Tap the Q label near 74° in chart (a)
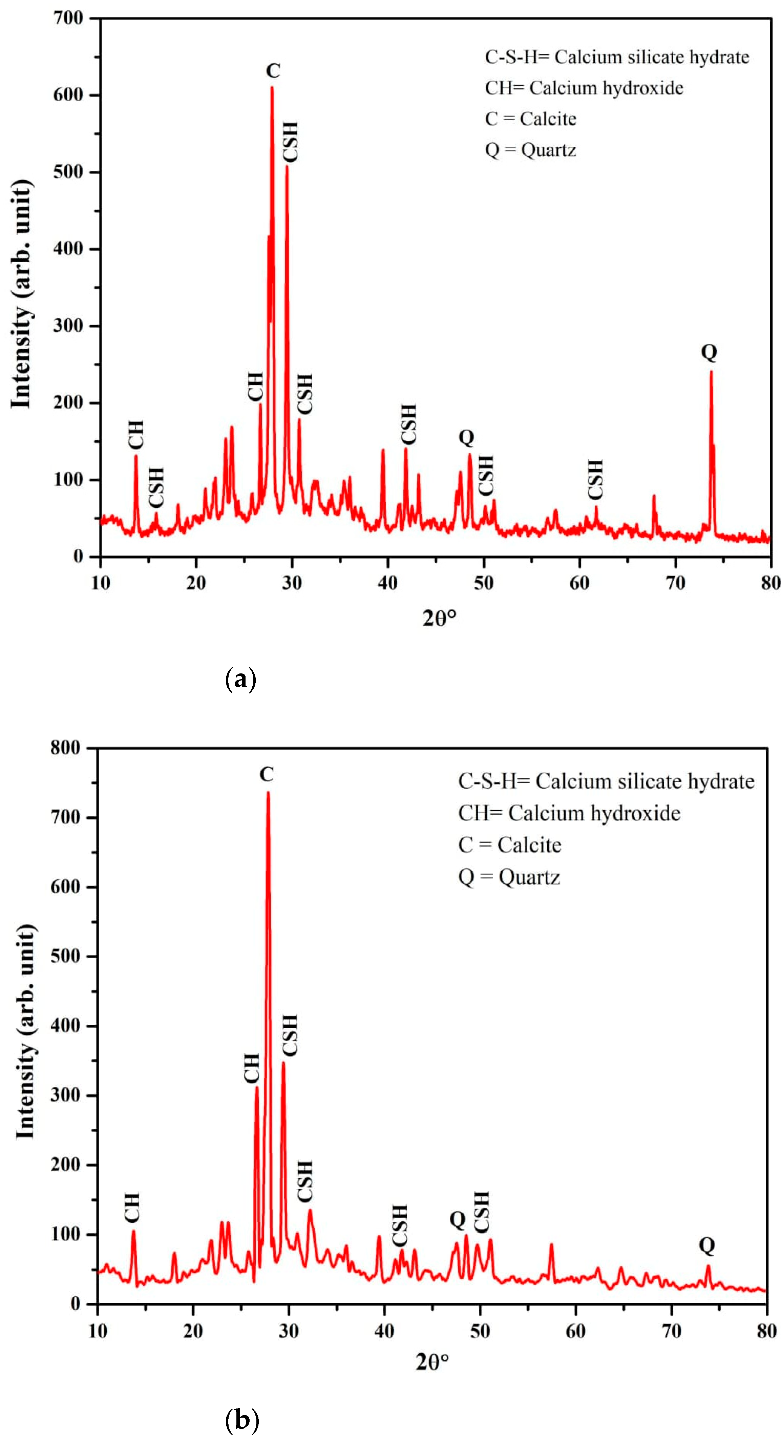[x=709, y=352]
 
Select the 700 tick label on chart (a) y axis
[x=68, y=18]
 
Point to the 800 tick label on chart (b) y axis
[x=65, y=748]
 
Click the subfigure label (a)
[x=240, y=680]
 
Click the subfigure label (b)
[x=242, y=1420]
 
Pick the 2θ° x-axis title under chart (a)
[x=439, y=618]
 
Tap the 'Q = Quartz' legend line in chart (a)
[x=530, y=150]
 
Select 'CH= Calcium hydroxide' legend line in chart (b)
[x=569, y=813]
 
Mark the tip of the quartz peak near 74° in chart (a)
[x=711, y=372]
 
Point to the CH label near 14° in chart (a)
[x=136, y=435]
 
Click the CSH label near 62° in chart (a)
[x=595, y=479]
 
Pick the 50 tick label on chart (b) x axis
[x=480, y=1331]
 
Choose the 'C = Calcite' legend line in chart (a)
[x=530, y=119]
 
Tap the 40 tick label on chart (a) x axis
[x=387, y=583]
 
